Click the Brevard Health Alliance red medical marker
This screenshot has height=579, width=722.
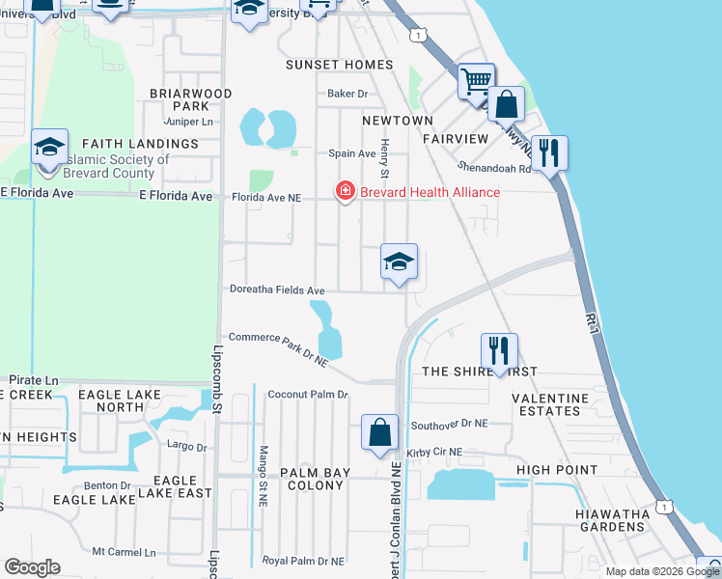point(344,192)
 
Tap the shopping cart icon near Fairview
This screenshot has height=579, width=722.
point(475,81)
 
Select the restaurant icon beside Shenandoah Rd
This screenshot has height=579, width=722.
point(548,152)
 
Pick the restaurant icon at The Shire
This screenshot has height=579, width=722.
point(499,351)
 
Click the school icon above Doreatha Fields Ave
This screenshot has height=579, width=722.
point(399,262)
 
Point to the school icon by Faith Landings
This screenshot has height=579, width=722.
point(49,148)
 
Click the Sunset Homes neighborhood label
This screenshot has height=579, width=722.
point(340,65)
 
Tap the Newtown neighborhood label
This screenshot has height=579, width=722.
point(398,121)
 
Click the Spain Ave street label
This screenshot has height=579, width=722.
point(351,153)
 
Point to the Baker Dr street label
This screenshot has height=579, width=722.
point(348,94)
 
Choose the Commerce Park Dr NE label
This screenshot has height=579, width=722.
point(279,349)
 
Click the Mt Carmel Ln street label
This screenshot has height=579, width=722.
point(124,553)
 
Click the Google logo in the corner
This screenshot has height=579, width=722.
point(32,567)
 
